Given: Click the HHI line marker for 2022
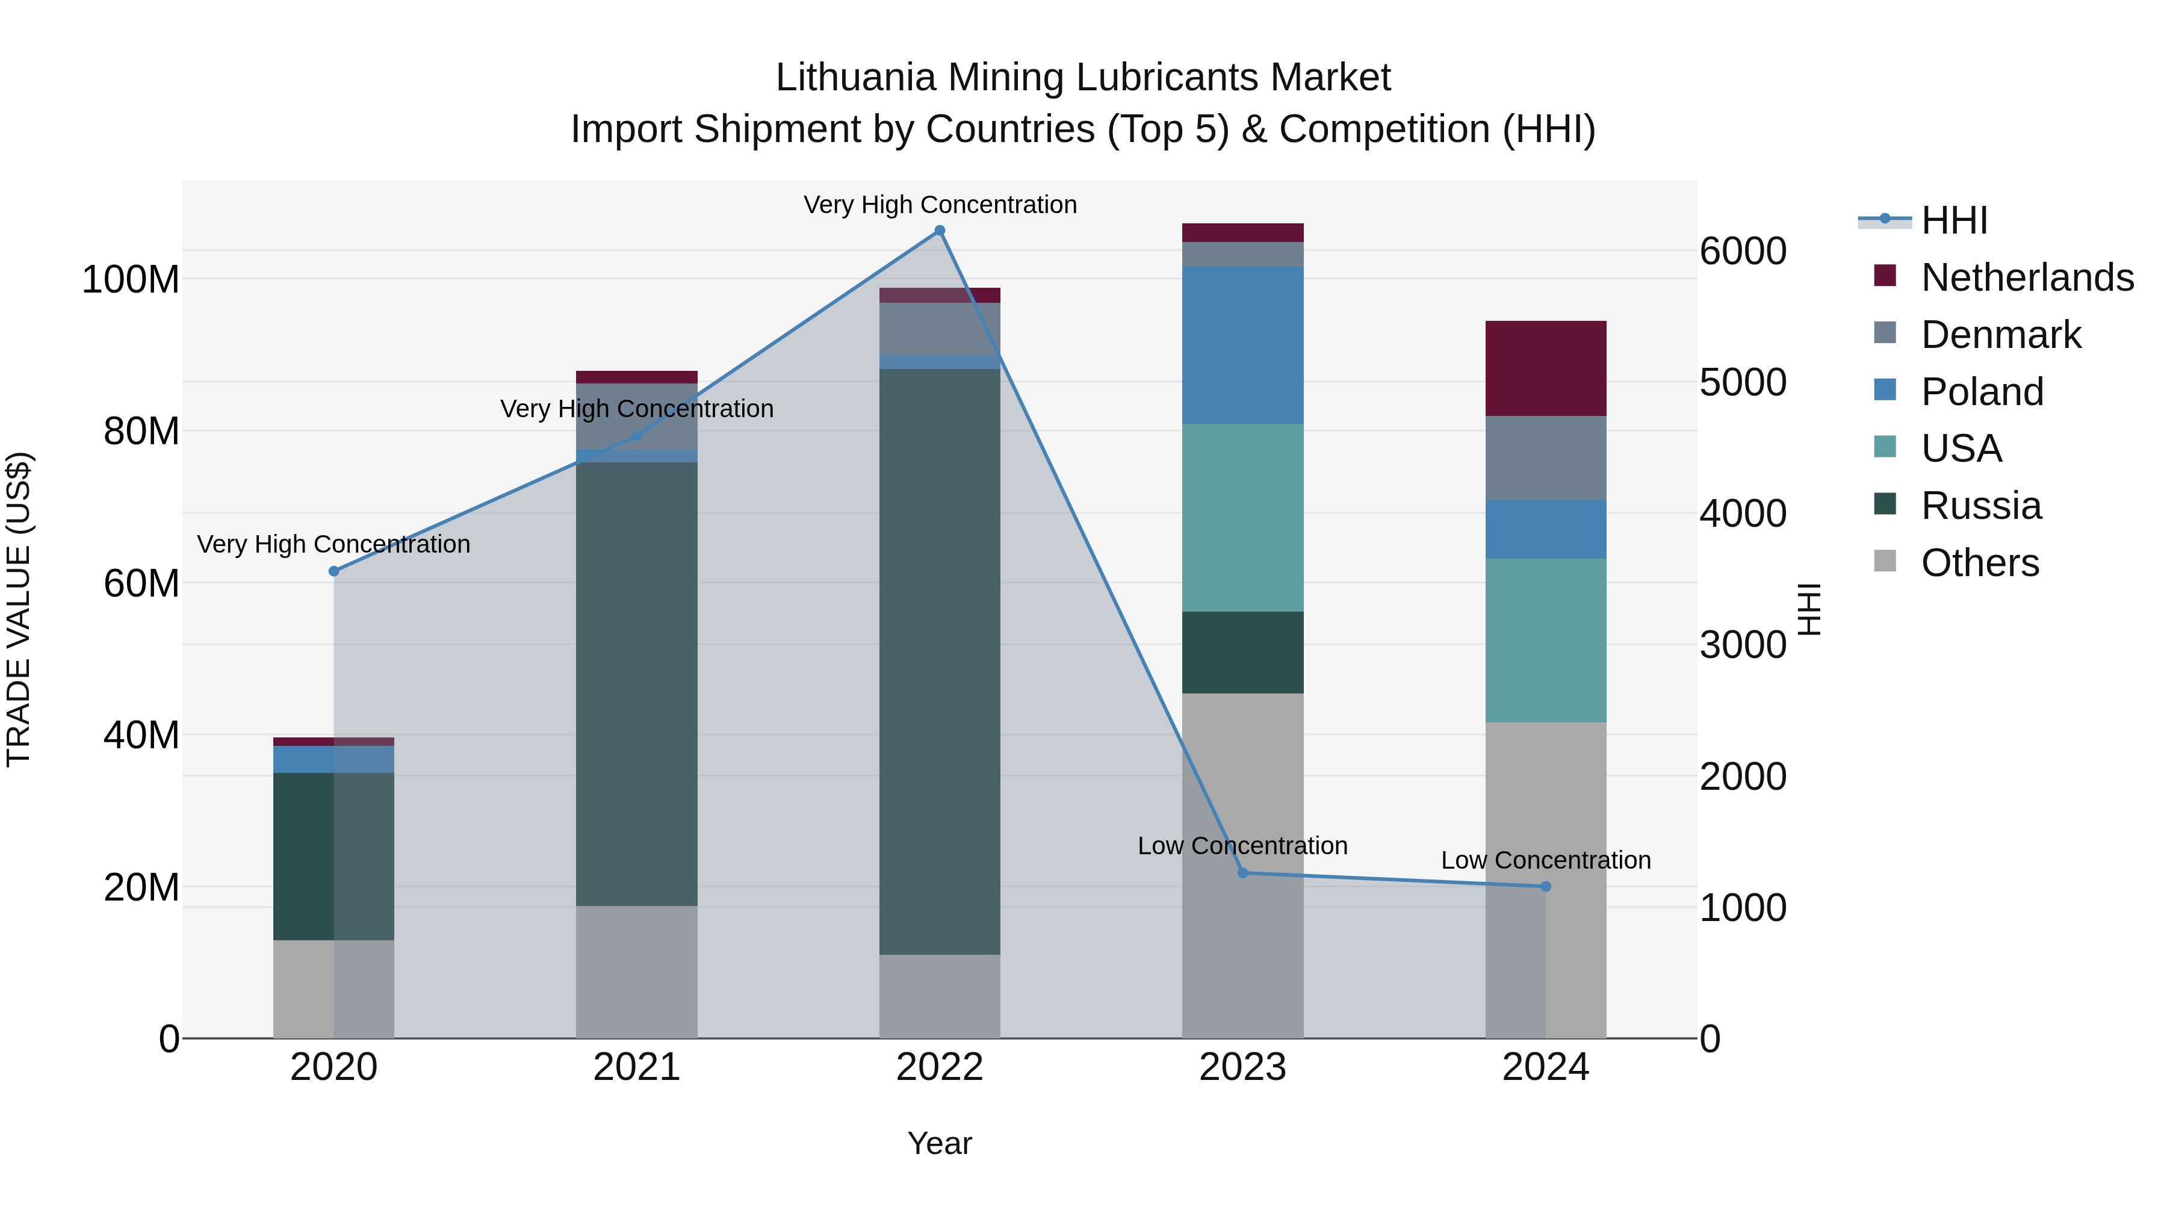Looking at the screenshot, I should (x=940, y=231).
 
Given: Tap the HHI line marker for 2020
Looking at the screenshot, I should (x=334, y=571).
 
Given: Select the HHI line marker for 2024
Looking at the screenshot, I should (x=1545, y=887).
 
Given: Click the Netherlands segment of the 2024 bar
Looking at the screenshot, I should (x=1545, y=368).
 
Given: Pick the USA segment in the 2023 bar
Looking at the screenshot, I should (x=1242, y=517).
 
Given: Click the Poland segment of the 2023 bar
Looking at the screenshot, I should (x=1242, y=345).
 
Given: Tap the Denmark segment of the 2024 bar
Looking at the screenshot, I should (x=1545, y=459).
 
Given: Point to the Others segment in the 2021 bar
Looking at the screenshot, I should (x=637, y=972).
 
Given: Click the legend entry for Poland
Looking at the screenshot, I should (x=1982, y=392).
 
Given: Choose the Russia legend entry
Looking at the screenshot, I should (x=1981, y=506).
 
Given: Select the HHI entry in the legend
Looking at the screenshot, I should (x=1954, y=220).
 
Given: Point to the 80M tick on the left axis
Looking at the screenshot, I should (x=141, y=432).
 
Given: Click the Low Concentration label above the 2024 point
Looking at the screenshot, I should (x=1545, y=861).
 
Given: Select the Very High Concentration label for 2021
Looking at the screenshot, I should (x=637, y=409).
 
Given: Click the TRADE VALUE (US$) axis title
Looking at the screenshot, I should (x=19, y=609).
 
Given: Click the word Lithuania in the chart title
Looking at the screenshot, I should (x=855, y=78).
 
